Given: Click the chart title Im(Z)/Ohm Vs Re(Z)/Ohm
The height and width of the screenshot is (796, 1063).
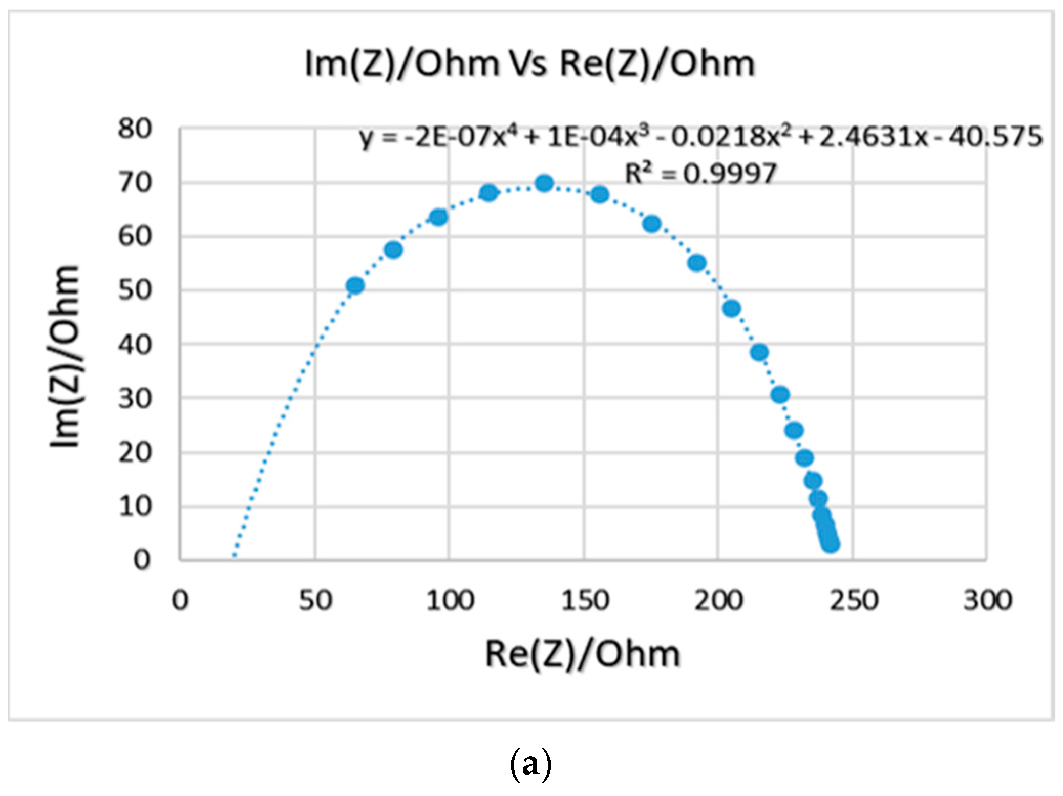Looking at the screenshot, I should point(529,65).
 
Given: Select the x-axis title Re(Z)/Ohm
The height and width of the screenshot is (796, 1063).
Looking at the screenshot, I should point(582,655).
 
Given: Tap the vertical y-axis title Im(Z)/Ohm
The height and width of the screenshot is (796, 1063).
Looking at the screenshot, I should point(65,357).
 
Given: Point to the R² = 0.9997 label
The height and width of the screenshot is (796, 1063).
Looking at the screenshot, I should point(700,174).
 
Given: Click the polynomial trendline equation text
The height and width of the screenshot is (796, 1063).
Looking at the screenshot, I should point(700,137).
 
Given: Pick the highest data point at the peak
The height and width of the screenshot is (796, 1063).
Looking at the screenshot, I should point(544,183).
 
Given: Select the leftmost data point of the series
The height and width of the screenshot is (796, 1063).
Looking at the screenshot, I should point(355,285).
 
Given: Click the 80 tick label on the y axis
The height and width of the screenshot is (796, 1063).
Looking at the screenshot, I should point(135,129).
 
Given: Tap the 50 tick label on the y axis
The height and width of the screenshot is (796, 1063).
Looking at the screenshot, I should point(135,290).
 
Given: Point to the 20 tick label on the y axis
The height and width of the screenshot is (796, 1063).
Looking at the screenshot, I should point(135,453).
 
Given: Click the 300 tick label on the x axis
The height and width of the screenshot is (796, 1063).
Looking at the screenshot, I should point(987,600).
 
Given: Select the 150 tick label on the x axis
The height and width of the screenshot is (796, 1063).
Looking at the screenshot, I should point(584,600).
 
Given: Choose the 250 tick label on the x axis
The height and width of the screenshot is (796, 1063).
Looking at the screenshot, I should point(854,600).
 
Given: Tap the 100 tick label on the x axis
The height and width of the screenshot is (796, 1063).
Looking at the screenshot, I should point(450,600).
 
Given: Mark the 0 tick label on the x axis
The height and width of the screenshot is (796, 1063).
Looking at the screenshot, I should point(180,600).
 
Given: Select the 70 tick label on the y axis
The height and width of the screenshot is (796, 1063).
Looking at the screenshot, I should point(135,182).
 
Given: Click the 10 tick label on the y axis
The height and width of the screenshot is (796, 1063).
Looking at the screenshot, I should point(135,507).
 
